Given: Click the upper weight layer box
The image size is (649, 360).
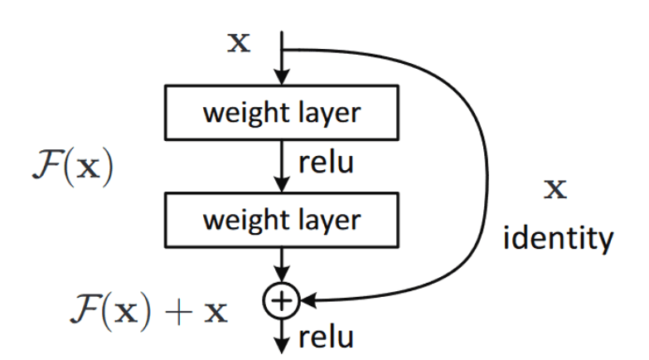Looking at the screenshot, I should [283, 112].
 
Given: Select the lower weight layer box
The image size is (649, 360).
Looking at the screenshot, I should [283, 220].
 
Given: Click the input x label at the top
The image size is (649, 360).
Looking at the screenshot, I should [239, 42].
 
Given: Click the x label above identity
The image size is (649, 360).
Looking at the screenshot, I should [555, 189].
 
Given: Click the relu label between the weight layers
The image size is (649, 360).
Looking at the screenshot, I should [326, 163].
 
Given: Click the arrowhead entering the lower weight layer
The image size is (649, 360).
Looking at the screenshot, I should [283, 186].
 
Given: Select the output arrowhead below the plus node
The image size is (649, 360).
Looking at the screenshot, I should [283, 342].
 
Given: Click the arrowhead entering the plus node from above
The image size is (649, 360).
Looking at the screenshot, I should [283, 279].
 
